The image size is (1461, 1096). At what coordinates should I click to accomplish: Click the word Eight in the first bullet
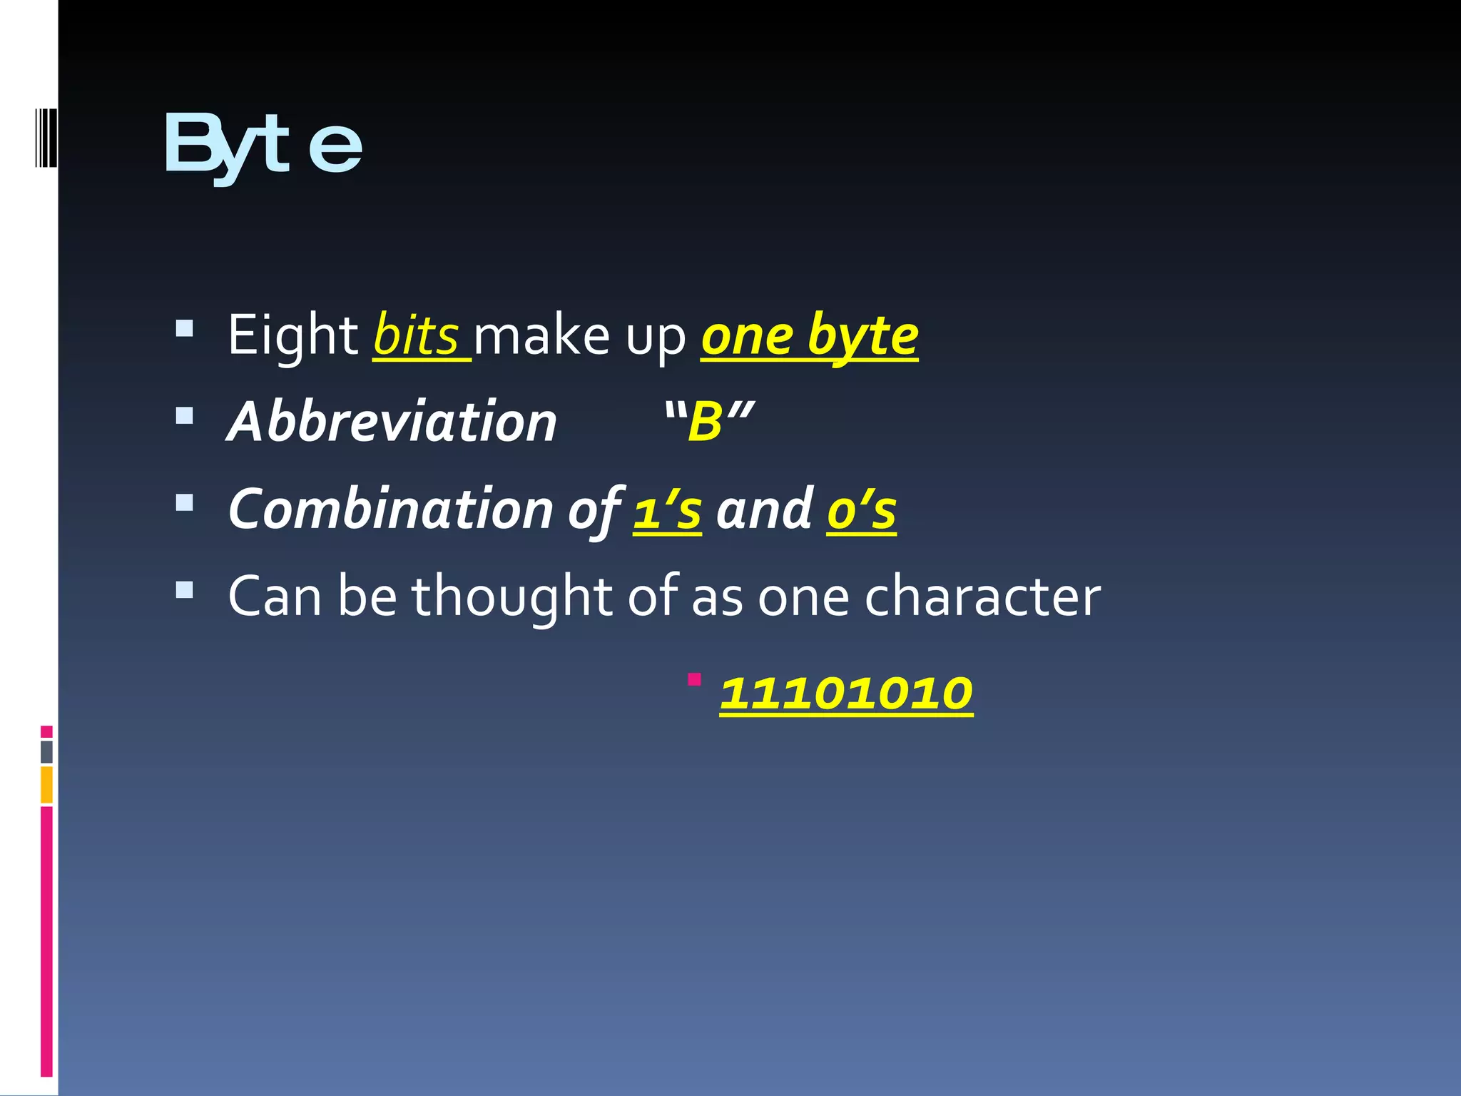point(292,335)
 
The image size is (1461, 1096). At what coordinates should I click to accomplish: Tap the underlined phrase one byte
point(809,335)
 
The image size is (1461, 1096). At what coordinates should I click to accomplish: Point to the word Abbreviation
point(392,422)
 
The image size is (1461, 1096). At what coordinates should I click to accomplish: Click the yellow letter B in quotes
point(706,422)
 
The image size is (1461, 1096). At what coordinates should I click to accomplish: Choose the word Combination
point(391,509)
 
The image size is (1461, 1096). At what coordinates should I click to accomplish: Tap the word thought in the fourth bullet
point(511,597)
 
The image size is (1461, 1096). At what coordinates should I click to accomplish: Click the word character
point(982,597)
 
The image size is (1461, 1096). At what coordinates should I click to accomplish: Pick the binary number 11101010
point(845,694)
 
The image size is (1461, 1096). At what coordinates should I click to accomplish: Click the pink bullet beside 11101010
point(694,679)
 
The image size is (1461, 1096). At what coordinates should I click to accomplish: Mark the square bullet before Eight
point(184,328)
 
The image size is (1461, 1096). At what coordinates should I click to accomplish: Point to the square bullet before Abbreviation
point(184,415)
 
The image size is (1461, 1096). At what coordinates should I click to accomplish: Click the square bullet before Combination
point(184,503)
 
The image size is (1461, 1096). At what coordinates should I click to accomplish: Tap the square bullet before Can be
point(184,589)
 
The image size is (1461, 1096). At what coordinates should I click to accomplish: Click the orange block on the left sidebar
point(46,785)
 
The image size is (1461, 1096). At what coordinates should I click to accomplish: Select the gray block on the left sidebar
point(46,752)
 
